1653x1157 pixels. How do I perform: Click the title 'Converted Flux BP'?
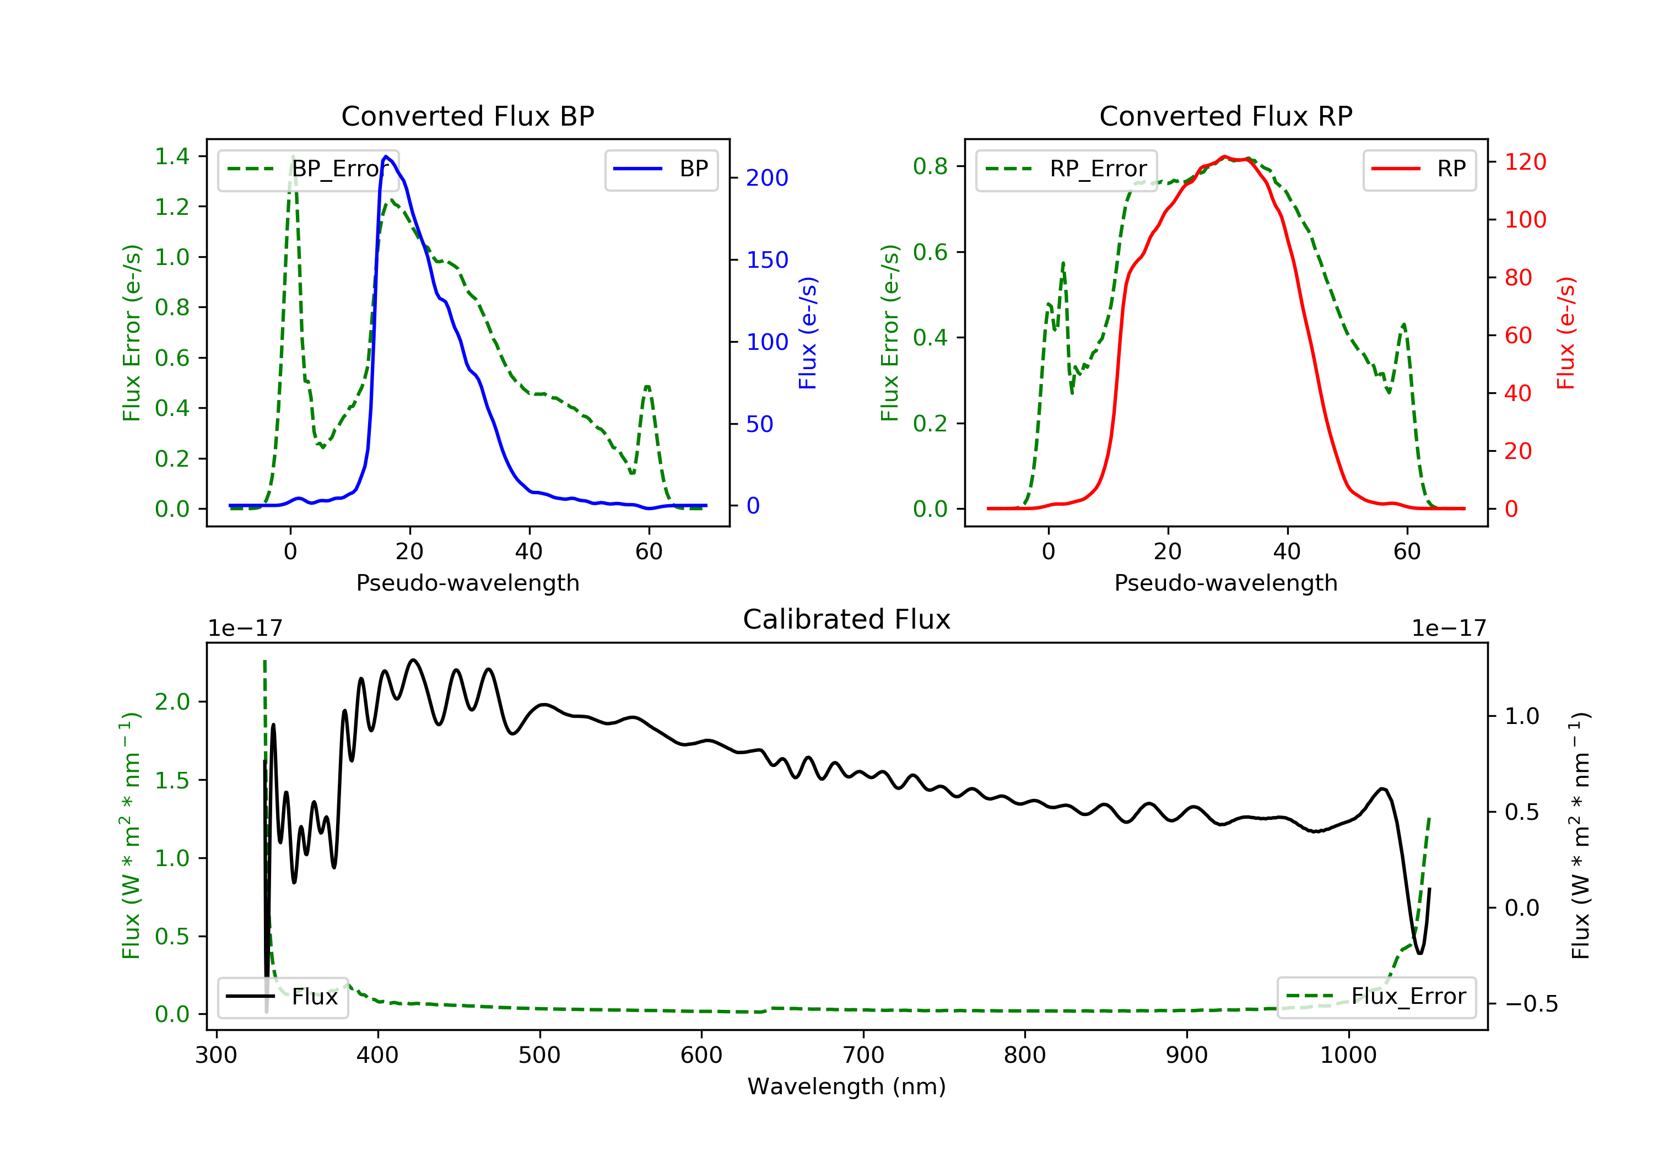coord(468,116)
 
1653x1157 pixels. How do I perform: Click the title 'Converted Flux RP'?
coord(1226,116)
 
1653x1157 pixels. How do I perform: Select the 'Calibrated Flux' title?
coord(847,619)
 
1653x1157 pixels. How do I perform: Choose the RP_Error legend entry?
coord(1066,169)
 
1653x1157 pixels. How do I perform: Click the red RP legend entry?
coord(1419,169)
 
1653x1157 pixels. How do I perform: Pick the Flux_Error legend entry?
coord(1376,997)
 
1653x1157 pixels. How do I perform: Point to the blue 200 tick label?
coord(768,178)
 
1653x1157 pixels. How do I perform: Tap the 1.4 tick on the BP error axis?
coord(172,156)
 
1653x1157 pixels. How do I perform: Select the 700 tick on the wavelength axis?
coord(863,1056)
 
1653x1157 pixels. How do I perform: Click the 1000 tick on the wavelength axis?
coord(1348,1056)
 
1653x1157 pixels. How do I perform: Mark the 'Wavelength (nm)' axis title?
coord(847,1086)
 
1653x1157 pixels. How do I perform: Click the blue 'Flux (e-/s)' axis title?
coord(808,333)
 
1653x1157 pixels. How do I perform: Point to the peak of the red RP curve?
coord(1225,156)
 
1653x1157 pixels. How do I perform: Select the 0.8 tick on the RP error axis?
coord(930,166)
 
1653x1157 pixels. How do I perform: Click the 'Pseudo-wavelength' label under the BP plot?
coord(468,583)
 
